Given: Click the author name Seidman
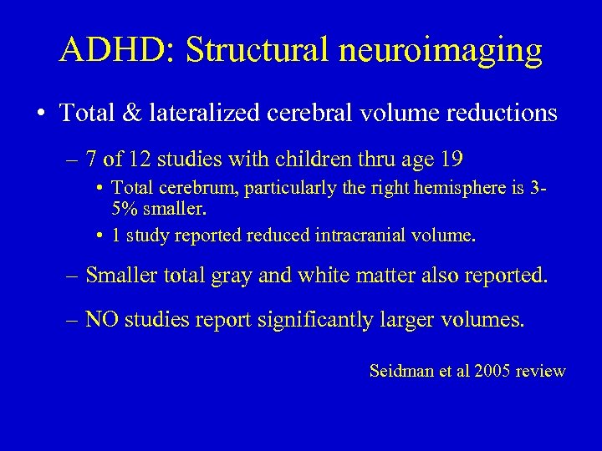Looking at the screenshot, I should [399, 371].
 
